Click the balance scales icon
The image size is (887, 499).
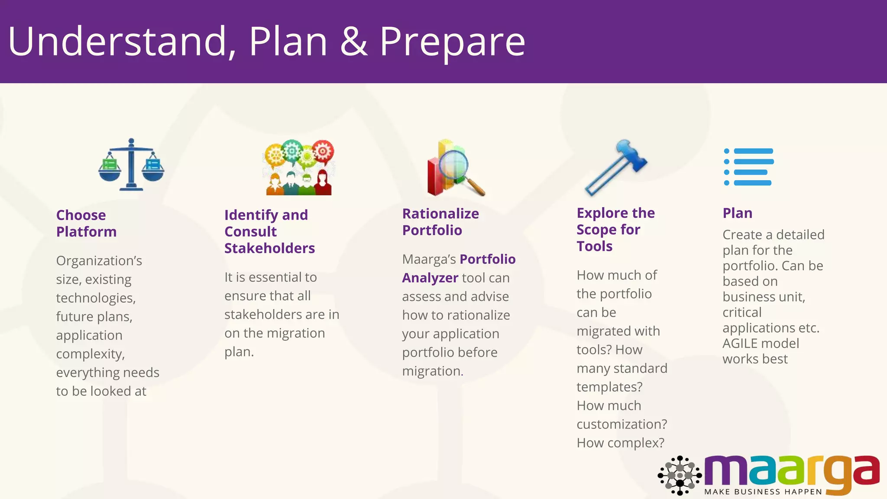pos(131,165)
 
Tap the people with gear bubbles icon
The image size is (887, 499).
pos(299,167)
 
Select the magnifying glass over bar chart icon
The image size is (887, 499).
pos(455,168)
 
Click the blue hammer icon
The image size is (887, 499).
pos(616,167)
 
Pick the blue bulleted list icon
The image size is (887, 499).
pos(749,167)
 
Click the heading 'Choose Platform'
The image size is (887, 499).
pos(86,224)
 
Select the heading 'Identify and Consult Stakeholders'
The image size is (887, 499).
pos(269,231)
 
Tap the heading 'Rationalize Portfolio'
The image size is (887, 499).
pos(440,222)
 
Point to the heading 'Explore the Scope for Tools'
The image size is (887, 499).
pos(615,230)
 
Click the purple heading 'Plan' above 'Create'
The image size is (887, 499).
pos(737,213)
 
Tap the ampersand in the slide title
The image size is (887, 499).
pos(354,42)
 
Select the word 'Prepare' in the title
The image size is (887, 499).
pos(452,42)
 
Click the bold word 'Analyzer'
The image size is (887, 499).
pos(430,278)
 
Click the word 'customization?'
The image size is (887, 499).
pos(622,424)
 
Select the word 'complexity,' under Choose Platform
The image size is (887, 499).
pos(90,354)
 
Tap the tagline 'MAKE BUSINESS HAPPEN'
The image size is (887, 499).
pos(763,492)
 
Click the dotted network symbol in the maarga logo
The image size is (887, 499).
pos(680,475)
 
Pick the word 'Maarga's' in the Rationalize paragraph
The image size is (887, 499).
pos(429,259)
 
